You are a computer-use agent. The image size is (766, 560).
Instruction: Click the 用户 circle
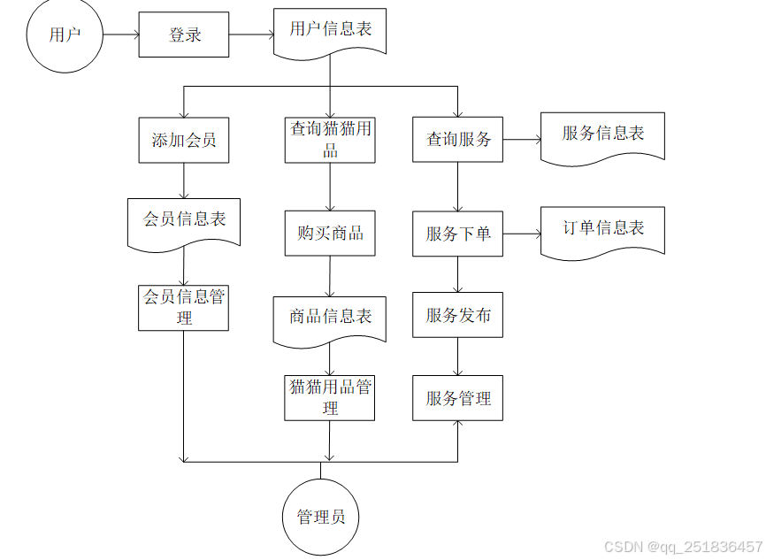point(65,35)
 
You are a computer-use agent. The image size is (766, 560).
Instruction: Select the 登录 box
point(184,35)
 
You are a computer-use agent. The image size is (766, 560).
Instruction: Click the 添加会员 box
point(184,140)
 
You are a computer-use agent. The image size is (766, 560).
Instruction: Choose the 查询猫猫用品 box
point(330,140)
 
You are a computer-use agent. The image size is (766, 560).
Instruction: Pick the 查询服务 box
point(457,140)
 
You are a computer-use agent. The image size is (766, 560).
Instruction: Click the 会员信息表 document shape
point(184,221)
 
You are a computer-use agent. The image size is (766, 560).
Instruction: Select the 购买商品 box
point(330,234)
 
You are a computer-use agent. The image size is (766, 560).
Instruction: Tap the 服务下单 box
point(457,234)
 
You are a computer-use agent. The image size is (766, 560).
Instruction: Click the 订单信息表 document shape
point(602,231)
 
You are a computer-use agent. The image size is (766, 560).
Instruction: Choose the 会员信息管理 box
point(184,307)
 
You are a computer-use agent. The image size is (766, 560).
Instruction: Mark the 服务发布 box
point(457,315)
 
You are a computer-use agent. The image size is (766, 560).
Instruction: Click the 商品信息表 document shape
point(330,318)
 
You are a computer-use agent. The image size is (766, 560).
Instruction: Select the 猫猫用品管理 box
point(330,397)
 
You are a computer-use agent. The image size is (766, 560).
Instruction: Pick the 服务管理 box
point(457,398)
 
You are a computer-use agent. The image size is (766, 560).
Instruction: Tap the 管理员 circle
point(320,518)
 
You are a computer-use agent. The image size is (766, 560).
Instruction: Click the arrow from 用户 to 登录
point(121,35)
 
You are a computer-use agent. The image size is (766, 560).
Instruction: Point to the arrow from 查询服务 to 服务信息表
point(522,140)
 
